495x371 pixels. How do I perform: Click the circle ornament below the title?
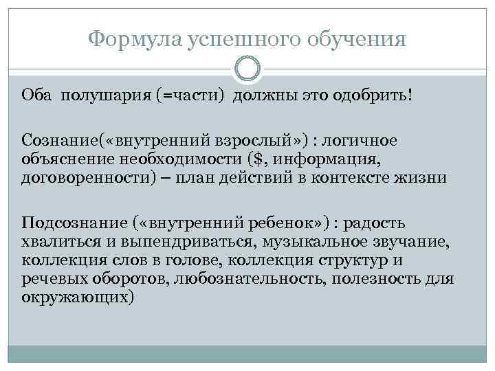(x=247, y=69)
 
